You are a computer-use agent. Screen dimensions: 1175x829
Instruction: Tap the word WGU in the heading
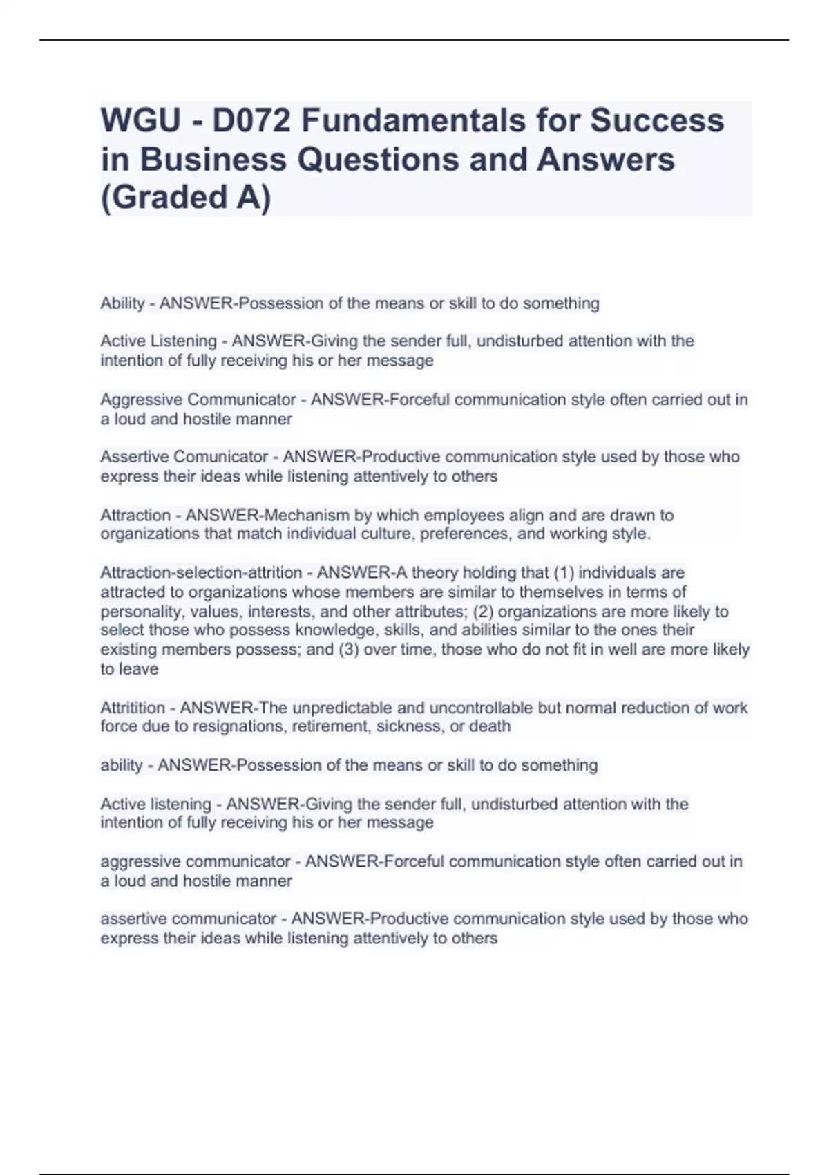140,120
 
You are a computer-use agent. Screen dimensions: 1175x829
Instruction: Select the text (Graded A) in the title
186,198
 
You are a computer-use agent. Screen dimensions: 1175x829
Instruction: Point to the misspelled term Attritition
133,708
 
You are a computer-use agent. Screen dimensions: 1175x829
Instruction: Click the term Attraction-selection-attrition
201,572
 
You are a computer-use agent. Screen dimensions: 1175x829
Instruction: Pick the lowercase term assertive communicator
189,919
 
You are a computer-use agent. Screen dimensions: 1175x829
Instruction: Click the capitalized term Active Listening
158,341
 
